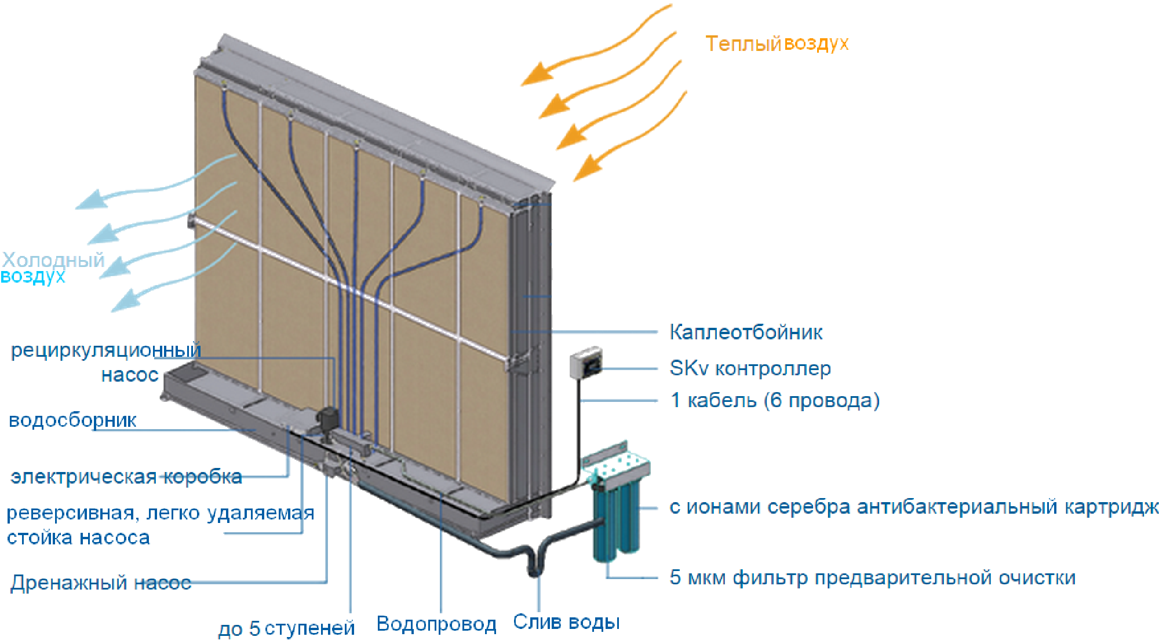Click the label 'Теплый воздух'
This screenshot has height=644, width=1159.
[777, 43]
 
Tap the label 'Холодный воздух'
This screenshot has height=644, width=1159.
[52, 268]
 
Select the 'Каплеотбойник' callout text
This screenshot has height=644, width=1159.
[746, 332]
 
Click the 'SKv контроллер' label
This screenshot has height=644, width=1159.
[750, 368]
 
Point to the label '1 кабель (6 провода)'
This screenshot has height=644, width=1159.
[775, 400]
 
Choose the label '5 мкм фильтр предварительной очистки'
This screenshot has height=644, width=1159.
[872, 577]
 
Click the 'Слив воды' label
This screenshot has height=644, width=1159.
[566, 622]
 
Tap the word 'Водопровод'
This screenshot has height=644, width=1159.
[436, 624]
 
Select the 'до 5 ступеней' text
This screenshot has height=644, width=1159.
[286, 628]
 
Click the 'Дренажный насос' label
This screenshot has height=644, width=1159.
[101, 582]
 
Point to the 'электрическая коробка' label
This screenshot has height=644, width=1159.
[126, 477]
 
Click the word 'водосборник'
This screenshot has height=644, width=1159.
[72, 420]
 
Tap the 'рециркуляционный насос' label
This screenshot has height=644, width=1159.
[106, 362]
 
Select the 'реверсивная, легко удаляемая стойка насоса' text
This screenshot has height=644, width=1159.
[160, 525]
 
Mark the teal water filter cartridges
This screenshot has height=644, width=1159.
[615, 521]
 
